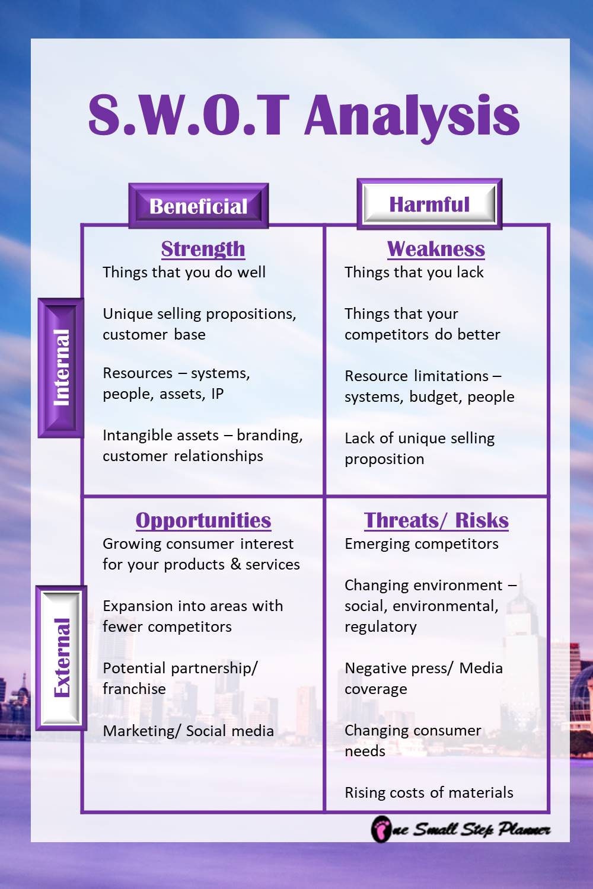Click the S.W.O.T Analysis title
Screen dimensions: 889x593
click(x=304, y=115)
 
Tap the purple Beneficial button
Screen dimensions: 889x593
click(x=199, y=206)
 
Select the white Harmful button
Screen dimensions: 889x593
click(x=429, y=204)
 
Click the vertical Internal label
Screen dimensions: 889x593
click(x=61, y=367)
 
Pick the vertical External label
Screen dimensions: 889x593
click(x=61, y=657)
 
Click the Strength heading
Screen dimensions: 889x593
click(x=203, y=249)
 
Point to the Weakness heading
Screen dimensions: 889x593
click(x=436, y=249)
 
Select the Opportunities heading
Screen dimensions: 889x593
click(x=203, y=520)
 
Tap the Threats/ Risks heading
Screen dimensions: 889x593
click(x=436, y=520)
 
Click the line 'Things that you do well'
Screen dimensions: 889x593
click(x=184, y=273)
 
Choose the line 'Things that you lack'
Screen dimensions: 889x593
click(x=414, y=273)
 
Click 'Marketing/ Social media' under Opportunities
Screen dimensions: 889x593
click(x=188, y=731)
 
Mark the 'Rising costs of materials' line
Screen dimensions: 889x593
click(x=429, y=793)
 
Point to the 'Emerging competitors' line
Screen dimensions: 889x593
click(x=422, y=544)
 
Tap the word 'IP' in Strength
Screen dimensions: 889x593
click(x=217, y=394)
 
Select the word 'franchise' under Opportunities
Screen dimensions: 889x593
click(x=134, y=689)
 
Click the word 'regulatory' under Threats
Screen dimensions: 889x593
click(x=381, y=627)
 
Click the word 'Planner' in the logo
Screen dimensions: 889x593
click(x=524, y=830)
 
